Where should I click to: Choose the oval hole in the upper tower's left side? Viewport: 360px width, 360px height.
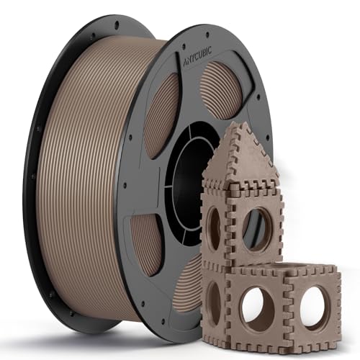215,229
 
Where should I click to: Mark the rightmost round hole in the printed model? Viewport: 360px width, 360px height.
315,306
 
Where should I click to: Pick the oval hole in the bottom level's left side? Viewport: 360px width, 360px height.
214,302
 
